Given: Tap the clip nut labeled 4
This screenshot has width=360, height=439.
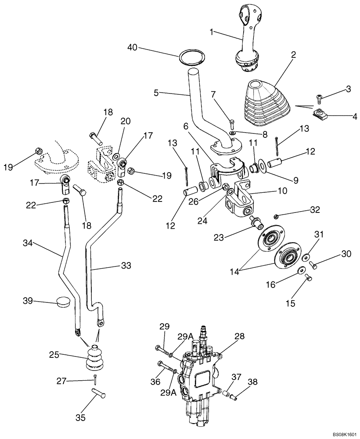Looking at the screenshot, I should (x=321, y=115).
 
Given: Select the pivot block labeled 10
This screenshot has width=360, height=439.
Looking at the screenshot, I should (x=239, y=198).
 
